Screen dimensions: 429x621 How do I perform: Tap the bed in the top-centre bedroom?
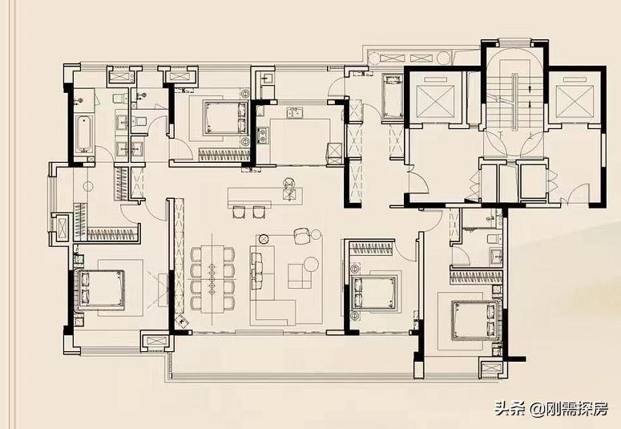222,118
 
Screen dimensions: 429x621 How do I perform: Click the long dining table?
213,277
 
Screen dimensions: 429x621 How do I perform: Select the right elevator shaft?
572,99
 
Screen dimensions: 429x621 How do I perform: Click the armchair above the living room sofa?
301,235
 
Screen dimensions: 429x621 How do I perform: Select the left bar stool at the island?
238,212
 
